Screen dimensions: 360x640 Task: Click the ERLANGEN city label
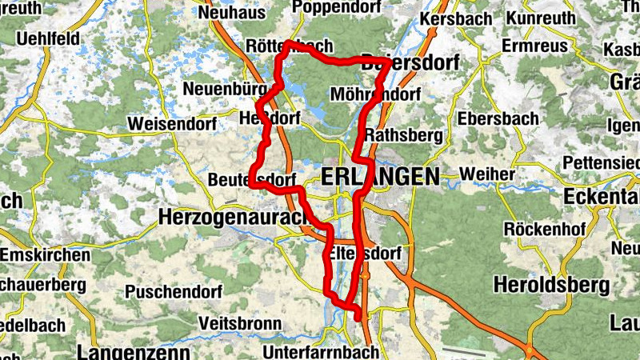380,177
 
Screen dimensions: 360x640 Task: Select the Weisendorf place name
166,124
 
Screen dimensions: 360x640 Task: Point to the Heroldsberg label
552,284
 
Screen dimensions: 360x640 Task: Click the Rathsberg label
404,135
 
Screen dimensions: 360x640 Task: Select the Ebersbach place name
498,118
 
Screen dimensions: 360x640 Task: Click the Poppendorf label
334,6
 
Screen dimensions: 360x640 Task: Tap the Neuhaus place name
231,13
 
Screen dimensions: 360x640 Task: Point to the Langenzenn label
134,352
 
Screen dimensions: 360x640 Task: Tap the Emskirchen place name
45,254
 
